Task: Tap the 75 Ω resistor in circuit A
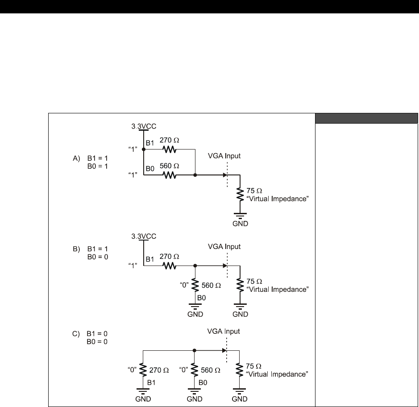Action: pos(240,195)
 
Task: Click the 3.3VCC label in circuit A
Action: pos(143,127)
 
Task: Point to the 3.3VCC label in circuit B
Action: pos(143,237)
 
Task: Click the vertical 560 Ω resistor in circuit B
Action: pos(195,284)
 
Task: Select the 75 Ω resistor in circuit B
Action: pos(240,284)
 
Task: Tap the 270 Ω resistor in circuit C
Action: pos(143,370)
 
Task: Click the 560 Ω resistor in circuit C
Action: pos(195,370)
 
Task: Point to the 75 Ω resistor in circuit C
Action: pos(240,370)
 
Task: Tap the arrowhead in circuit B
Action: pos(224,265)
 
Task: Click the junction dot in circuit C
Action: pos(195,350)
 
